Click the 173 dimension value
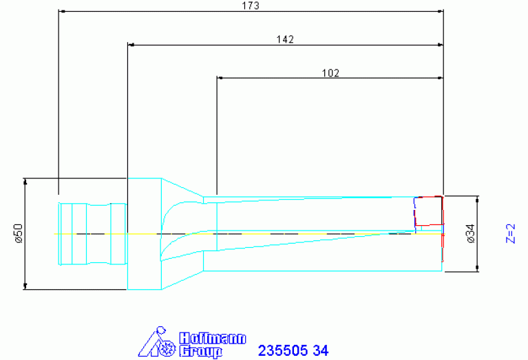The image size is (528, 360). tap(251, 6)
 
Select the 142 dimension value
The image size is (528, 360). tap(285, 39)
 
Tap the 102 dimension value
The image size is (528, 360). tap(330, 73)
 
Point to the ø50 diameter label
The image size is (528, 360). tap(19, 233)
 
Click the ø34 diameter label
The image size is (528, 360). tap(471, 233)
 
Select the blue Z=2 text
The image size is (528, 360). tap(511, 233)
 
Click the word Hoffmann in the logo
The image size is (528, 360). tap(213, 338)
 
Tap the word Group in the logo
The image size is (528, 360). tap(201, 351)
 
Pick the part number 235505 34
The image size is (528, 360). tap(293, 350)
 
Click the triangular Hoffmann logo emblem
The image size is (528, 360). tap(157, 342)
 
